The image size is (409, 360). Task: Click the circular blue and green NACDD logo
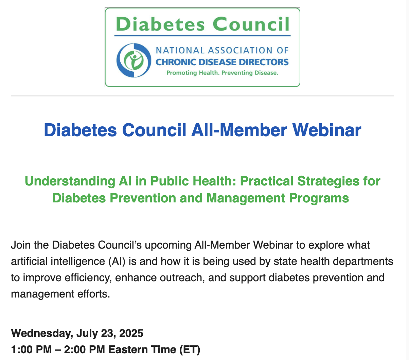[134, 60]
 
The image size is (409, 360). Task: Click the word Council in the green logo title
[251, 24]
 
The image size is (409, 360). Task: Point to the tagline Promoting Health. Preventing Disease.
[222, 73]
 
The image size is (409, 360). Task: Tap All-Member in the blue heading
[239, 130]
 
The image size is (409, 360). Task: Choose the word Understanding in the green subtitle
[70, 181]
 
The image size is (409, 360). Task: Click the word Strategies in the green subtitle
[328, 181]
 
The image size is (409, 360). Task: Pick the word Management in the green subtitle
[246, 198]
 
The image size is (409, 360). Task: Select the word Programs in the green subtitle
[319, 198]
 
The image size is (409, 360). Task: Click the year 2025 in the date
[131, 333]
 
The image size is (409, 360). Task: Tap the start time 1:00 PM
[32, 350]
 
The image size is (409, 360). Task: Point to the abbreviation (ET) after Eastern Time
[190, 350]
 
